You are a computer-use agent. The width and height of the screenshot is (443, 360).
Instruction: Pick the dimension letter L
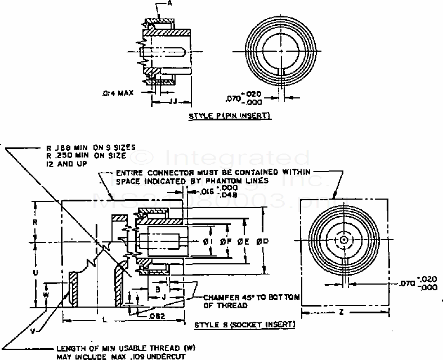106,318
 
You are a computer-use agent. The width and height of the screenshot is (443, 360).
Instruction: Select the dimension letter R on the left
35,222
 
